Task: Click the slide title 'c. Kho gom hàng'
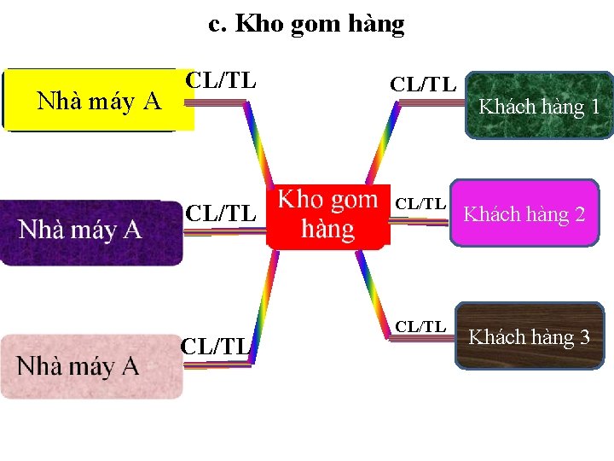point(306,24)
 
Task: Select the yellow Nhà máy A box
point(97,101)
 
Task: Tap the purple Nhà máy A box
point(91,232)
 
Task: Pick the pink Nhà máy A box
point(91,367)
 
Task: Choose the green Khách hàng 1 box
point(539,106)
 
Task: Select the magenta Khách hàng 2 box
point(524,213)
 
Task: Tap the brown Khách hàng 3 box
point(529,336)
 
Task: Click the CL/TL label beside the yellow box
point(221,81)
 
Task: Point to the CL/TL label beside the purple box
point(221,213)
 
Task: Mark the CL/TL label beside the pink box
point(215,346)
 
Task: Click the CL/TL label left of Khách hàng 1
point(423,84)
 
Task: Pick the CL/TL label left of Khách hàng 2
point(420,204)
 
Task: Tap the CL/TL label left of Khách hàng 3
point(420,327)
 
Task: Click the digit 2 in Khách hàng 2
point(580,213)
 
